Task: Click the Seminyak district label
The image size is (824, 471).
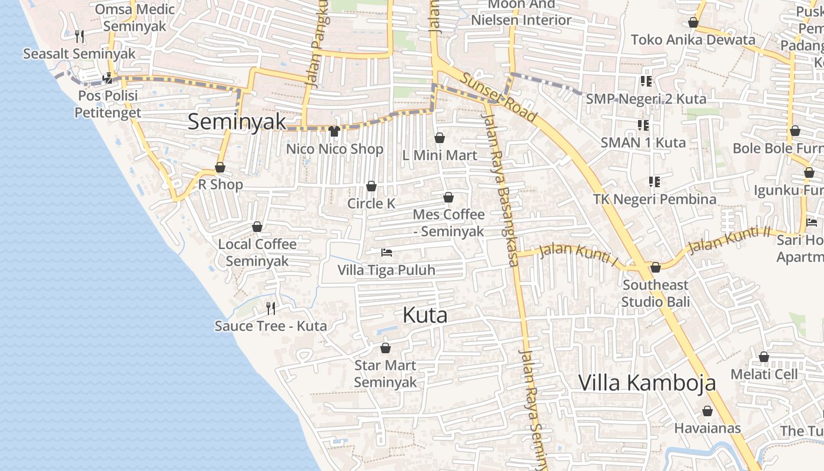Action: (x=237, y=122)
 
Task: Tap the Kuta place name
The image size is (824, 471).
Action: (x=425, y=315)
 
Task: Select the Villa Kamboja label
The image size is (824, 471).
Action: (x=647, y=383)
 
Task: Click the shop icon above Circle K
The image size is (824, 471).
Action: (x=371, y=187)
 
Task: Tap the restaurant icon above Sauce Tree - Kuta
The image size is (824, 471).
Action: (x=271, y=308)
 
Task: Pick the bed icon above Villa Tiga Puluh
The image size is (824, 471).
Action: (x=387, y=253)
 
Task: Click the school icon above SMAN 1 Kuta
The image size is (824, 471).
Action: (x=643, y=125)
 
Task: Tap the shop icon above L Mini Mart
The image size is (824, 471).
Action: (x=439, y=138)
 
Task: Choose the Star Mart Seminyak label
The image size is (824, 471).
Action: (x=385, y=374)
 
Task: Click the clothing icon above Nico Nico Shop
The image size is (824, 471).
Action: (x=334, y=131)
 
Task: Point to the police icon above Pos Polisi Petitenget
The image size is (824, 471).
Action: (x=107, y=78)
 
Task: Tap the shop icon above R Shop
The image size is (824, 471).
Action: (x=220, y=168)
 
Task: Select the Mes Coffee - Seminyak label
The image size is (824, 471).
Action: (x=448, y=223)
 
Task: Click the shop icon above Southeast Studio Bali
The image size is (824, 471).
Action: (x=656, y=268)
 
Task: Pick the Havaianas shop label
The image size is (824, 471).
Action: (x=707, y=428)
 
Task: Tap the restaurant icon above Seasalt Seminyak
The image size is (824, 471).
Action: (x=80, y=37)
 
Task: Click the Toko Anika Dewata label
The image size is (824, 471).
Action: (x=693, y=40)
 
